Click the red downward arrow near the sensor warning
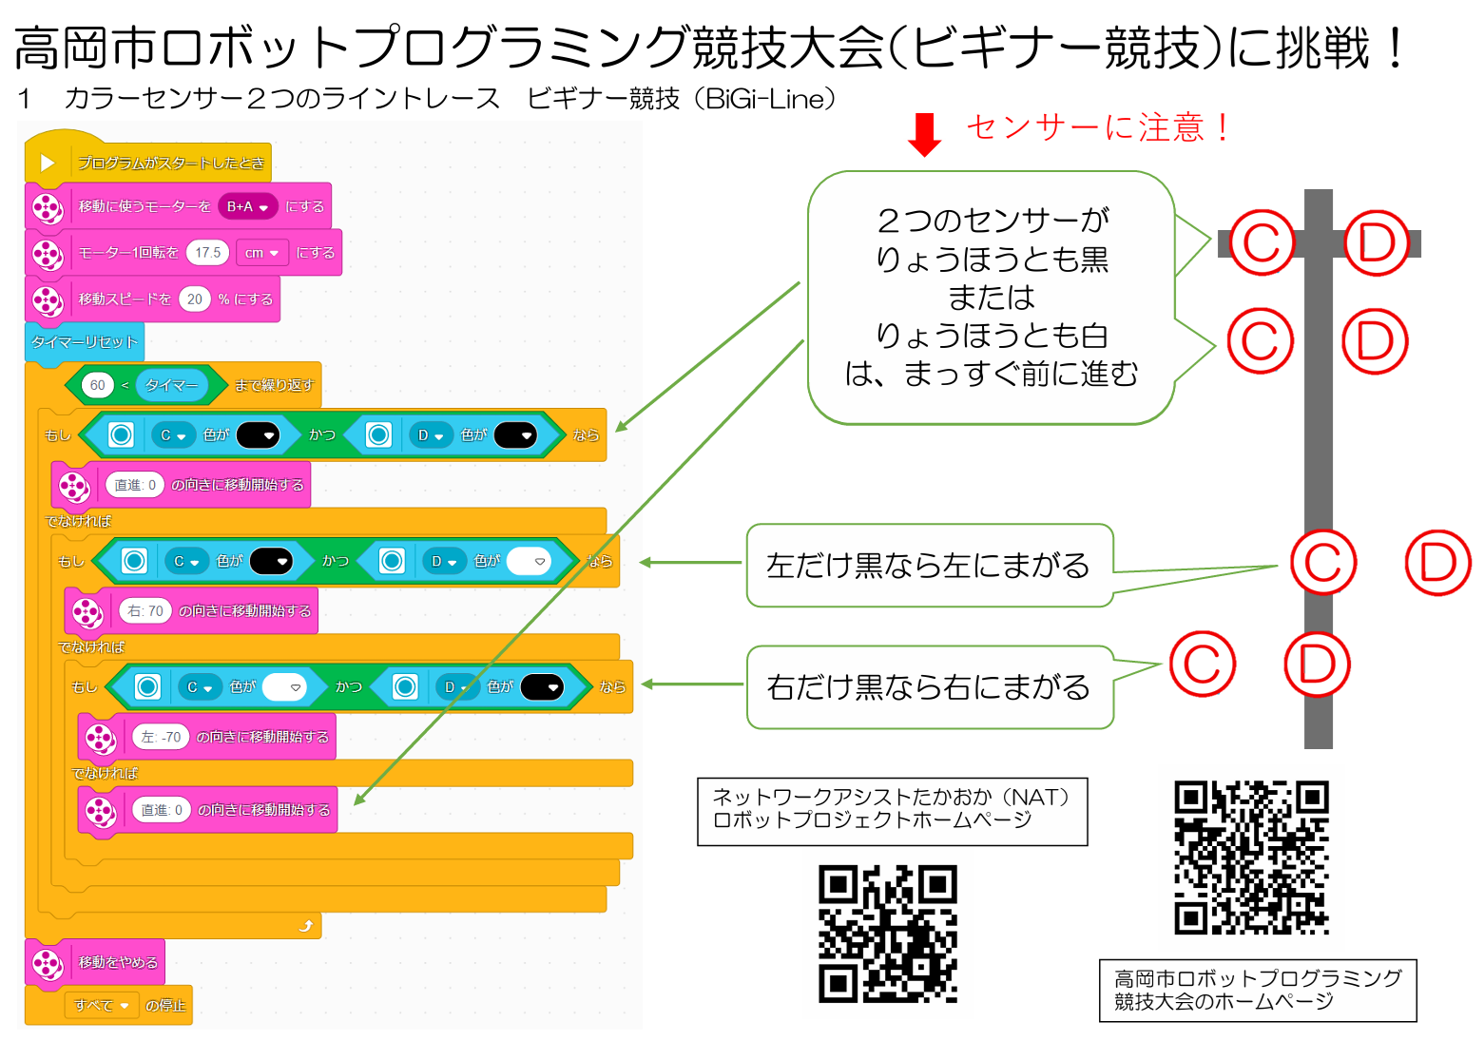click(924, 134)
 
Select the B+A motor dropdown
click(247, 206)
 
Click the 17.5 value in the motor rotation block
click(207, 253)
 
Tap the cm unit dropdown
click(261, 253)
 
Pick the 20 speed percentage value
click(194, 299)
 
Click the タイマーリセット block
click(85, 342)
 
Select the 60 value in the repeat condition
click(97, 385)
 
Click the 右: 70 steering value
click(145, 610)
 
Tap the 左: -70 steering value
click(161, 736)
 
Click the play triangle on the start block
click(47, 163)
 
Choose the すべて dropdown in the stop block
click(101, 1005)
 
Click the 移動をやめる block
click(95, 962)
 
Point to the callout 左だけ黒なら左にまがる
click(930, 566)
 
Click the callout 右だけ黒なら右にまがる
click(930, 687)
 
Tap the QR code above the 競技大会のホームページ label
click(1251, 858)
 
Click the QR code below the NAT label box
click(888, 934)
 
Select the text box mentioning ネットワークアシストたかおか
click(893, 812)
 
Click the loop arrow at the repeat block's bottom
click(305, 926)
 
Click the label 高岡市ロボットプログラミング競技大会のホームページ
click(1258, 990)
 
